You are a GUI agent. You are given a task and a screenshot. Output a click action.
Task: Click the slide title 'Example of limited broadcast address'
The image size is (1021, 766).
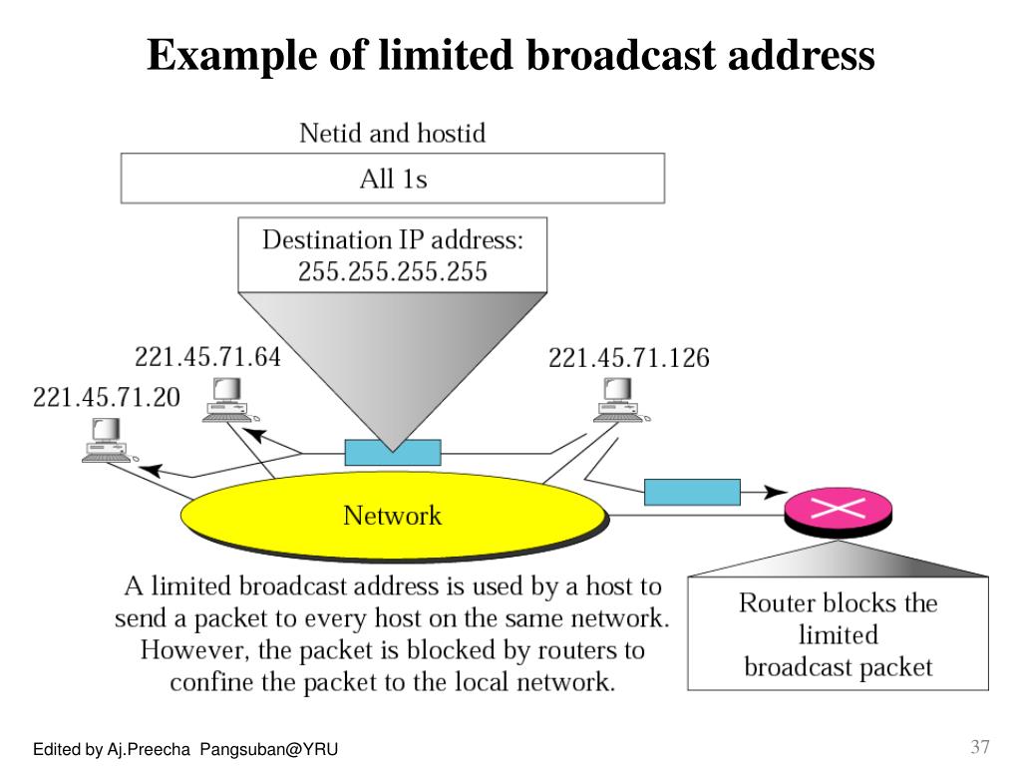click(x=510, y=54)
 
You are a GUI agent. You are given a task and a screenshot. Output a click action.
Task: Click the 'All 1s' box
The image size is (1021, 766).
click(x=392, y=180)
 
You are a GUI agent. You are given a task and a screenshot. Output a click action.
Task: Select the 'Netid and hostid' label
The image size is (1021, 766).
click(x=392, y=133)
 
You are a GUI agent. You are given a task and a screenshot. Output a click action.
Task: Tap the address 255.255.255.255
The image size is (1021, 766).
click(x=392, y=271)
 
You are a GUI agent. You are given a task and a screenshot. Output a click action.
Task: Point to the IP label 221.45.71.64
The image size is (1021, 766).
click(x=207, y=356)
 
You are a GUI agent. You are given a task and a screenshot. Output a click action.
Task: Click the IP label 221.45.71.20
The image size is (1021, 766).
click(x=107, y=397)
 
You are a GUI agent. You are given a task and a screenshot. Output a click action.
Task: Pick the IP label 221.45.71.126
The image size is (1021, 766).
click(x=628, y=358)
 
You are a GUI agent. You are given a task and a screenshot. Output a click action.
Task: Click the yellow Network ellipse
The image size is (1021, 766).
click(x=393, y=516)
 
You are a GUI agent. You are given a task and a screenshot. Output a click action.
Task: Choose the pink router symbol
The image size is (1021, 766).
click(x=830, y=509)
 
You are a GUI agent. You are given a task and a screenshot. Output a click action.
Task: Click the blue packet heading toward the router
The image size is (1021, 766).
click(x=692, y=492)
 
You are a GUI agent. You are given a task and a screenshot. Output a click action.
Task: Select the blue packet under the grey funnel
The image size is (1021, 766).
click(x=393, y=452)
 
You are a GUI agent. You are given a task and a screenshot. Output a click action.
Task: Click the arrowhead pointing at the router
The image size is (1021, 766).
click(x=773, y=492)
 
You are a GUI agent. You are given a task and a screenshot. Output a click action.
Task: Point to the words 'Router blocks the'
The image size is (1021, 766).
click(x=838, y=602)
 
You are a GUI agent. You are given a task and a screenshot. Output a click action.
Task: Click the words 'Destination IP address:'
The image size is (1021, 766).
click(x=392, y=240)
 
